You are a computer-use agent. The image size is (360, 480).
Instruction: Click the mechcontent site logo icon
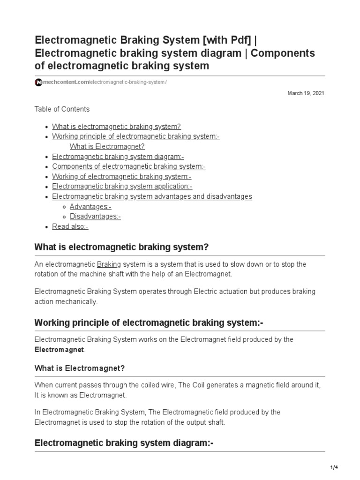38,82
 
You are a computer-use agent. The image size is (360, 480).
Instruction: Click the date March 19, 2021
306,93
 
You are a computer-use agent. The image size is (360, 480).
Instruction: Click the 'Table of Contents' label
62,109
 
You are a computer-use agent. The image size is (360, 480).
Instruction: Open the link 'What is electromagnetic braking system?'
116,127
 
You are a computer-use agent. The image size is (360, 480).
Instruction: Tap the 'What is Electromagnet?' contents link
107,146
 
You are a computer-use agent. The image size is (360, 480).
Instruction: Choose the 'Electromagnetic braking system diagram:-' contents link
118,157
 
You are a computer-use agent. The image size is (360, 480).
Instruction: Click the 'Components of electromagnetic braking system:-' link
129,166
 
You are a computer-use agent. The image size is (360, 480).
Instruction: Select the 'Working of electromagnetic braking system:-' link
122,177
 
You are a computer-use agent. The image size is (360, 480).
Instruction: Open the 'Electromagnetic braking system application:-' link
122,187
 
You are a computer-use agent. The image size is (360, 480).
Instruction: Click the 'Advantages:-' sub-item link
90,207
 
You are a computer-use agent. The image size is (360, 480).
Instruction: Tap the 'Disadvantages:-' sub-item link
96,217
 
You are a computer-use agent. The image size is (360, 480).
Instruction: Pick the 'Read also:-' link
70,226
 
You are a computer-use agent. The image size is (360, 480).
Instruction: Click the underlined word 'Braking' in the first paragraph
109,264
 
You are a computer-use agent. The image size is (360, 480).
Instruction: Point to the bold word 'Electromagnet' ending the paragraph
60,350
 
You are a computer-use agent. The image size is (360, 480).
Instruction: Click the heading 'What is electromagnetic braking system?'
121,247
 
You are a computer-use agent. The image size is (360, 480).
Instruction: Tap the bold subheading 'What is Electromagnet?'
80,368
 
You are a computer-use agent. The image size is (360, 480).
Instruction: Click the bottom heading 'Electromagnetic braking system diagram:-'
124,443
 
